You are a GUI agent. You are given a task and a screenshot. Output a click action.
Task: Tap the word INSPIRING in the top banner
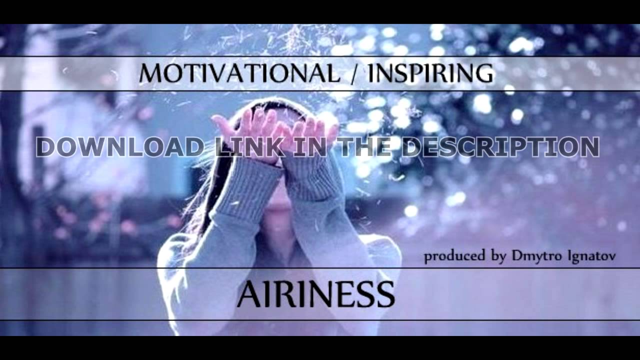click(x=430, y=73)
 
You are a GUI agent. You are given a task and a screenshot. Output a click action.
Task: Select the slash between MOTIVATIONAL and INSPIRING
click(x=352, y=73)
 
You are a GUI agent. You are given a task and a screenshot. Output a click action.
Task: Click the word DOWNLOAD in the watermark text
click(x=120, y=147)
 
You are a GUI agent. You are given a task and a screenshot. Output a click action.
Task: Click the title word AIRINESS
click(x=315, y=294)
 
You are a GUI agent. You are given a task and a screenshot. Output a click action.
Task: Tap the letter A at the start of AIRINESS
click(x=248, y=294)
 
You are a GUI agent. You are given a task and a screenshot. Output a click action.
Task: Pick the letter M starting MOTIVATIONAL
click(x=150, y=73)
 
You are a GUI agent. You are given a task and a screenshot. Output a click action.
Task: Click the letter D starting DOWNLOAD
click(x=46, y=147)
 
